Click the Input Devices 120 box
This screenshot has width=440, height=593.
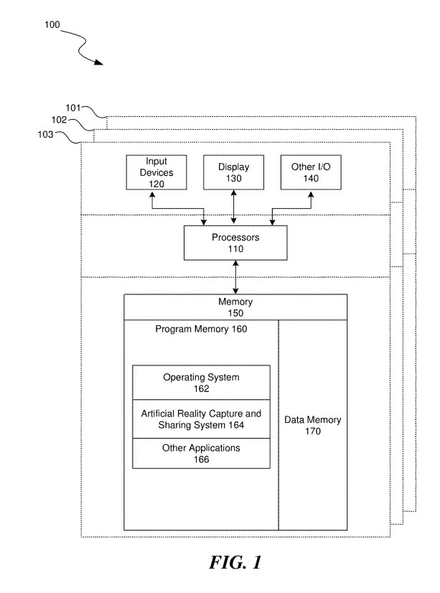coord(156,172)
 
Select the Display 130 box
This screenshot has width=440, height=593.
coord(234,172)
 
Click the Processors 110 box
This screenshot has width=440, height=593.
coord(235,243)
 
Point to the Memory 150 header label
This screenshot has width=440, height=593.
coord(235,307)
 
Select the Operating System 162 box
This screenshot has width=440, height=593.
coord(201,383)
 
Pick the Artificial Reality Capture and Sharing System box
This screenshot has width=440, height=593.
coord(201,419)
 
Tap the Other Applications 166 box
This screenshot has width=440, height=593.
coord(201,454)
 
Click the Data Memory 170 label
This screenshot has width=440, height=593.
coord(312,426)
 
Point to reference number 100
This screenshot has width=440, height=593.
coord(52,24)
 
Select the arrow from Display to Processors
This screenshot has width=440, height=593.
coord(234,207)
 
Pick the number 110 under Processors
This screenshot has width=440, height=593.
coord(235,249)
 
